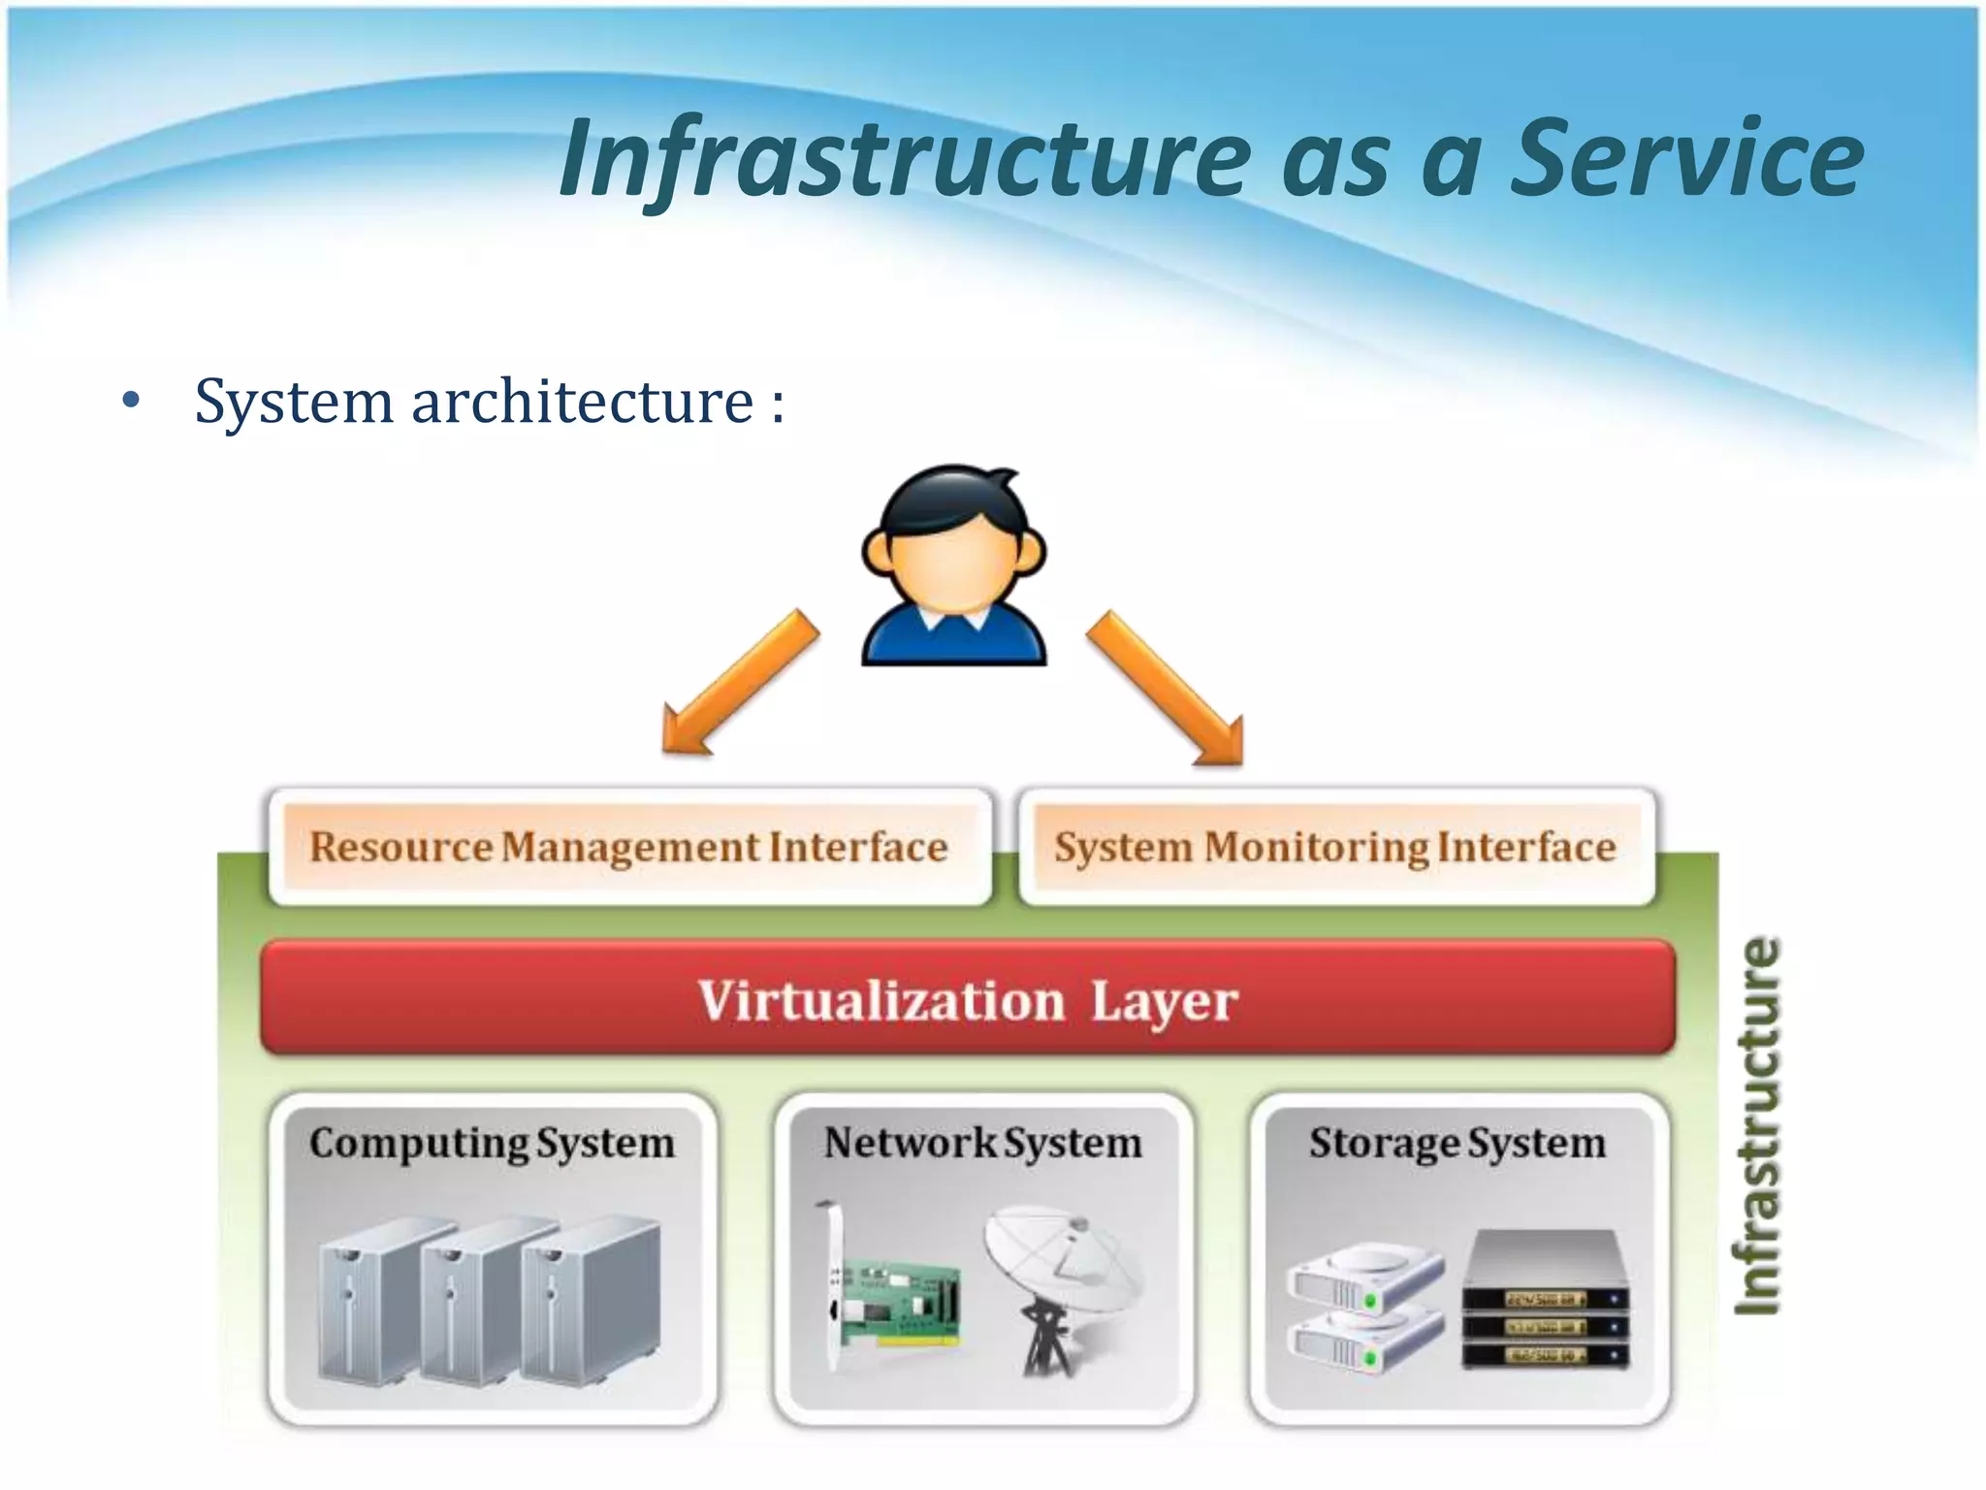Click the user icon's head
point(952,543)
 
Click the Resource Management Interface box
point(628,847)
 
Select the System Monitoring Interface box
point(1335,847)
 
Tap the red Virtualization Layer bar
point(968,998)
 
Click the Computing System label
point(492,1143)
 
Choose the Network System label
point(982,1143)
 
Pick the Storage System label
point(1457,1143)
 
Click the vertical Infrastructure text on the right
point(1757,1125)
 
